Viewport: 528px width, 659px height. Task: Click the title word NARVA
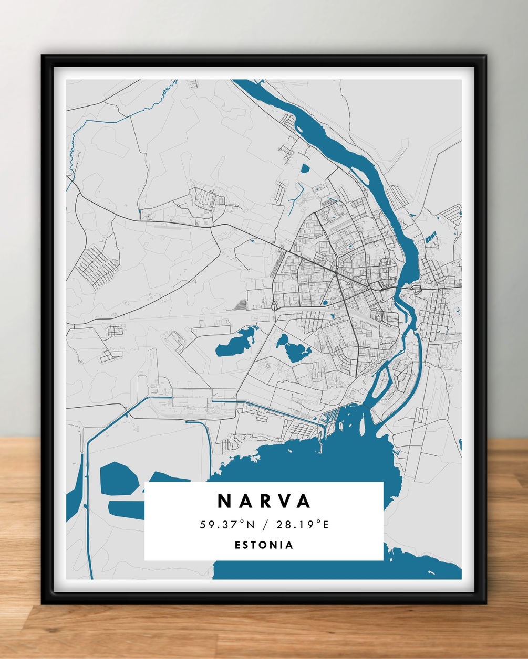point(264,501)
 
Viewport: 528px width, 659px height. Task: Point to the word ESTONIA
point(264,545)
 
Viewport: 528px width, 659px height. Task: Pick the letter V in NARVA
point(284,501)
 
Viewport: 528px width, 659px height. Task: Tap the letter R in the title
point(264,501)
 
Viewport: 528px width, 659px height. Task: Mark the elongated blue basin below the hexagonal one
point(126,508)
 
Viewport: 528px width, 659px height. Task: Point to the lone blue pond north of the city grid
point(305,168)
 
